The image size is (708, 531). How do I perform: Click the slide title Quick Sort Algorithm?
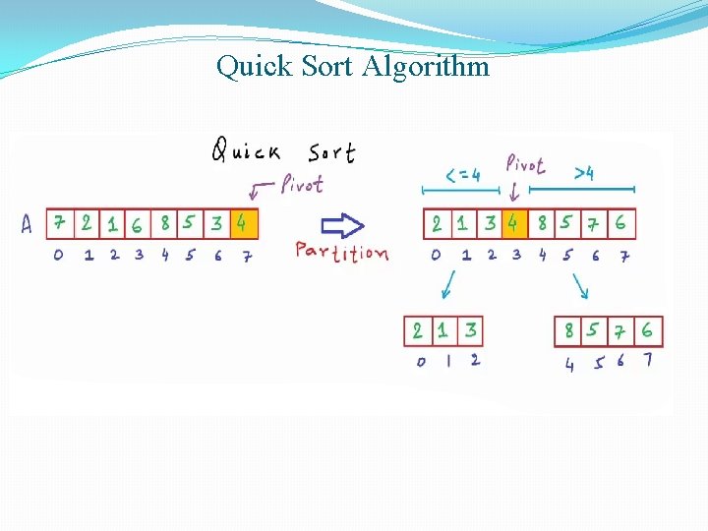pyautogui.click(x=353, y=67)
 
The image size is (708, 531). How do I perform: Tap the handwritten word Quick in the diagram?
pyautogui.click(x=246, y=150)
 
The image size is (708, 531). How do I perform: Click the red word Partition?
pyautogui.click(x=341, y=252)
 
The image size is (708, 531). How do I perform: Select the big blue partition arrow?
pyautogui.click(x=343, y=225)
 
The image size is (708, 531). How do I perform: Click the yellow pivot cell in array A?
pyautogui.click(x=244, y=223)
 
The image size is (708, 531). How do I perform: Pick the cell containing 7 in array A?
pyautogui.click(x=60, y=223)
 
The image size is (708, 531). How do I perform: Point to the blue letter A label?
pyautogui.click(x=28, y=225)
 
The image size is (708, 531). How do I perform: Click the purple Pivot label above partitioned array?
pyautogui.click(x=525, y=164)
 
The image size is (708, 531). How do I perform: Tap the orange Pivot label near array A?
pyautogui.click(x=301, y=184)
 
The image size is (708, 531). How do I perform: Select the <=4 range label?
pyautogui.click(x=462, y=175)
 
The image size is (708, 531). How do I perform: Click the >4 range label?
pyautogui.click(x=584, y=174)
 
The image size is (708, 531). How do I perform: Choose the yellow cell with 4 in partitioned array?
pyautogui.click(x=513, y=223)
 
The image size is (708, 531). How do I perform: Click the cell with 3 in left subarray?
pyautogui.click(x=471, y=329)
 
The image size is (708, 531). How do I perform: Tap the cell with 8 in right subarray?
pyautogui.click(x=568, y=330)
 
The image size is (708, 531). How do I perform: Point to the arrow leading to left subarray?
pyautogui.click(x=447, y=284)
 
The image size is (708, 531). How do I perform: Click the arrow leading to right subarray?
pyautogui.click(x=579, y=285)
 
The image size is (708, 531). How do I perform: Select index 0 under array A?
pyautogui.click(x=59, y=256)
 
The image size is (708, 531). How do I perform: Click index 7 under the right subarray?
pyautogui.click(x=647, y=360)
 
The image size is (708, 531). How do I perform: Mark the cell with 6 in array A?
pyautogui.click(x=137, y=224)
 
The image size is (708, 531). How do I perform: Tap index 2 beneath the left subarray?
pyautogui.click(x=474, y=360)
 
